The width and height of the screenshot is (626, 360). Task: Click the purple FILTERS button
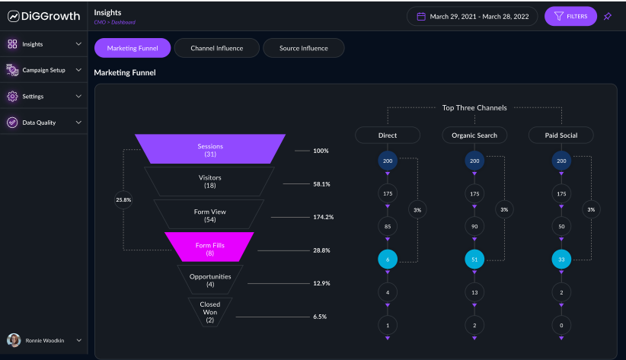(x=570, y=16)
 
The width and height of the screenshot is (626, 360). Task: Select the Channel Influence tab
(x=217, y=48)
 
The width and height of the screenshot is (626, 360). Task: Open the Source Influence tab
(x=303, y=48)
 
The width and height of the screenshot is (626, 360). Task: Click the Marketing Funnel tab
(x=133, y=48)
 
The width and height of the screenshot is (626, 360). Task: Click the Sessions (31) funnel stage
(x=210, y=149)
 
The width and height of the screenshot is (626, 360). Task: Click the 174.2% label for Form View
(x=323, y=217)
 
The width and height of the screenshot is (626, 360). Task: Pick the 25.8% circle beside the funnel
(x=123, y=200)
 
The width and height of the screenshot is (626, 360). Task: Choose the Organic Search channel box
(x=474, y=135)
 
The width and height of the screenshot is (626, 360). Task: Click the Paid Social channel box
(x=561, y=135)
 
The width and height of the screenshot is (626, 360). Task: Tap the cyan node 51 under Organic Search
(x=474, y=260)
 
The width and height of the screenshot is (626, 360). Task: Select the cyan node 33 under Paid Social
(x=561, y=260)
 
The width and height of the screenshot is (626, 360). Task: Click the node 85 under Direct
(x=388, y=226)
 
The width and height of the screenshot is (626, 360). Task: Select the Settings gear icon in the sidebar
(x=12, y=97)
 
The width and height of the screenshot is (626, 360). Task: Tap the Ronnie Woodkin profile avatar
(x=14, y=340)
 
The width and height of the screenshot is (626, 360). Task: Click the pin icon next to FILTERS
(x=608, y=16)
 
